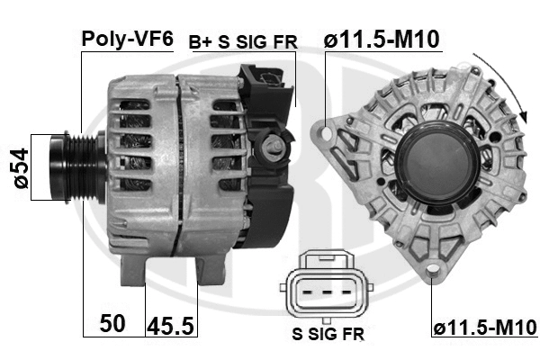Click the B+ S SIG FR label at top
(242, 41)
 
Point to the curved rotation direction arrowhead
(521, 115)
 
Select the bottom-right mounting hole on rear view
(434, 270)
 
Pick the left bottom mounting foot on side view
(133, 267)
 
